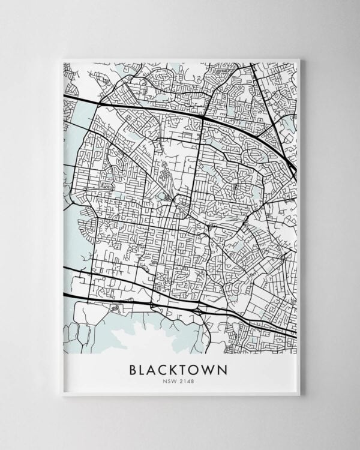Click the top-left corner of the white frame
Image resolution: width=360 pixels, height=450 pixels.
coord(62,59)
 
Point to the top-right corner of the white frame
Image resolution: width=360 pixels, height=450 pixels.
coord(299,59)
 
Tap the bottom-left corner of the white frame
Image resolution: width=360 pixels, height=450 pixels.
coord(62,395)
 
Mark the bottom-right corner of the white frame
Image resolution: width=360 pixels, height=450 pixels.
coord(299,395)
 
